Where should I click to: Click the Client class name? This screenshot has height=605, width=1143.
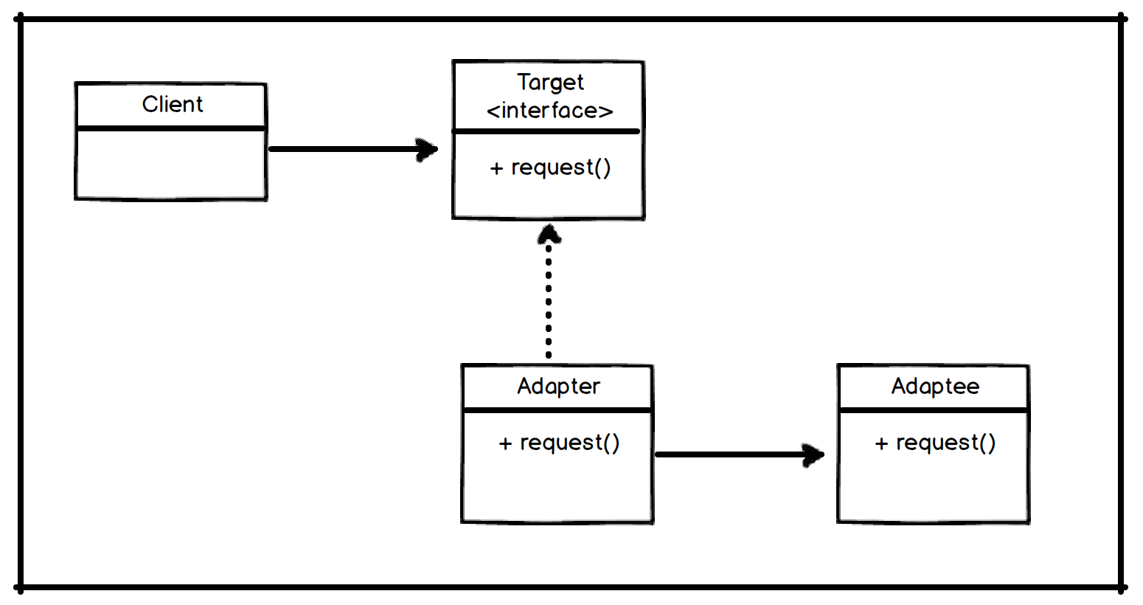(x=172, y=105)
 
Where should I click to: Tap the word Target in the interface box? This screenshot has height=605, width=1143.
(x=550, y=82)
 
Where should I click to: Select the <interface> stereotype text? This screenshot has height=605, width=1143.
(x=550, y=111)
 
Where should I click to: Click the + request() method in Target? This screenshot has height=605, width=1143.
(x=550, y=167)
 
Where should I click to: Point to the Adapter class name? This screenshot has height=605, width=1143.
(x=558, y=386)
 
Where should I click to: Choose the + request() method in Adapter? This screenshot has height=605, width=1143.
(x=559, y=443)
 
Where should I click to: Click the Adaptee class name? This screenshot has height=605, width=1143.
(x=935, y=386)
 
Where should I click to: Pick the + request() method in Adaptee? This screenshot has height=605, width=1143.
(x=935, y=443)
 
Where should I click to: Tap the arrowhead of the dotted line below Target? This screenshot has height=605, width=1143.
(x=549, y=235)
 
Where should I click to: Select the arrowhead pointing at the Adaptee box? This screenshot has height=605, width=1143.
(x=813, y=454)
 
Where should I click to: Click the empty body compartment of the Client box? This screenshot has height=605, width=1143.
(x=170, y=164)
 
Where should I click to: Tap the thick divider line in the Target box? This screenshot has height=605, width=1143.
(x=547, y=131)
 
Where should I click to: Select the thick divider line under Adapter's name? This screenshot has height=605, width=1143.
(x=557, y=409)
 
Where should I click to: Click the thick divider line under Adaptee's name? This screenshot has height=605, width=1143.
(x=934, y=409)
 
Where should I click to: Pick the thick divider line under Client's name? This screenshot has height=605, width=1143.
(x=170, y=128)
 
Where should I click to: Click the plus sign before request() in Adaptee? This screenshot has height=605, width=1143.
(x=881, y=444)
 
